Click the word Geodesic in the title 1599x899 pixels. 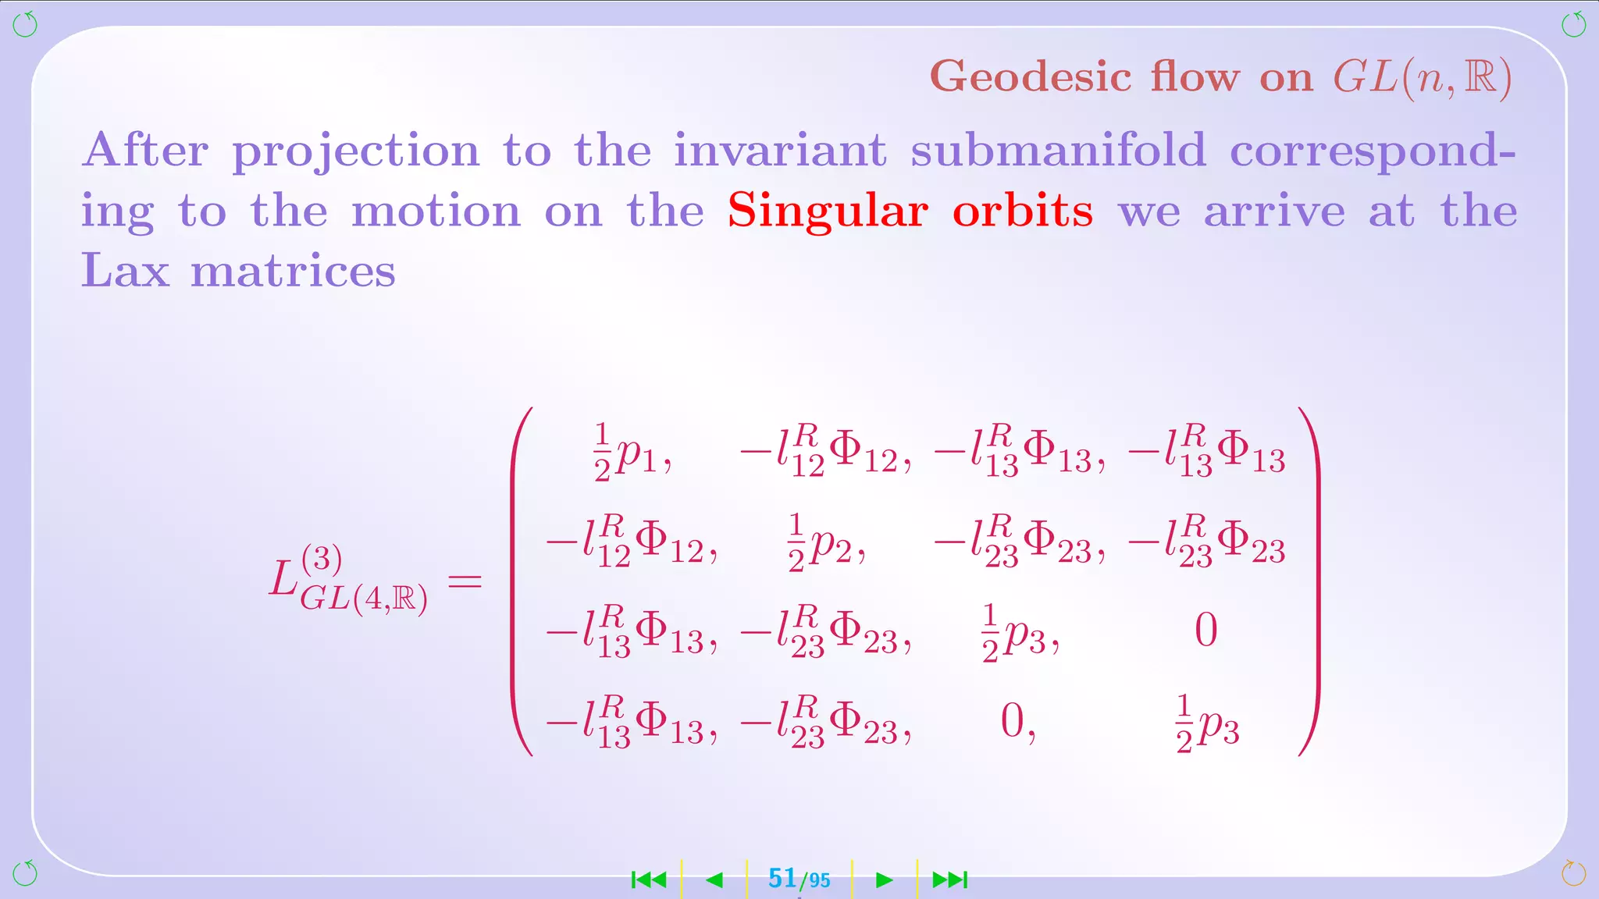1031,78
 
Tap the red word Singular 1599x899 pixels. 828,211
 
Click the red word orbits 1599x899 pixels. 1023,211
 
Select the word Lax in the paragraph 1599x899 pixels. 125,271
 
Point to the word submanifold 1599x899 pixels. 1058,150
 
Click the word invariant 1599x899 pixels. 780,150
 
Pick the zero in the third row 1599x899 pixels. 1205,631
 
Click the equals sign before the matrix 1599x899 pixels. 465,581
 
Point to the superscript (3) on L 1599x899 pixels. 321,559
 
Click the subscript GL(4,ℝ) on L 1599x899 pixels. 364,599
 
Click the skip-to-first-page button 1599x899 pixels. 649,880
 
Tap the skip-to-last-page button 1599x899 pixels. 949,880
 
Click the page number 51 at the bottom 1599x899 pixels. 782,879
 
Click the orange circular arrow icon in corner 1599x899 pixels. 1573,872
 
